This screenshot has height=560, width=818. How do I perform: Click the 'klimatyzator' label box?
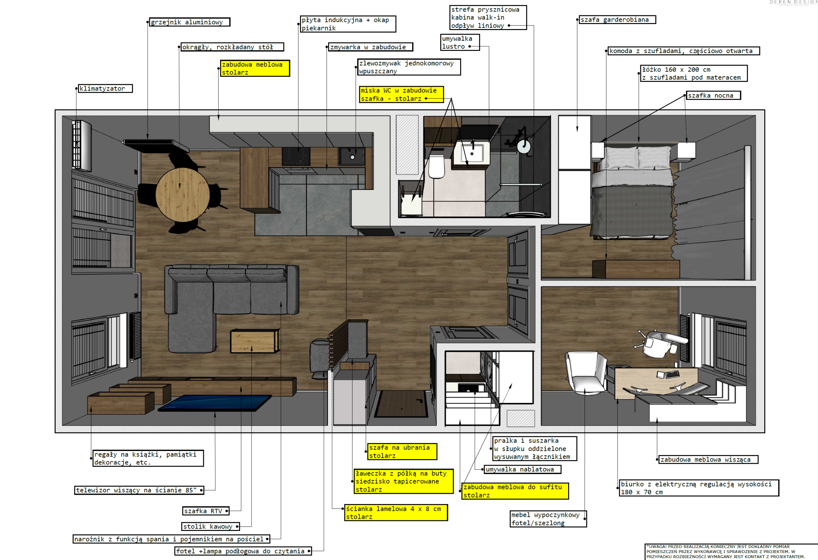pyautogui.click(x=105, y=88)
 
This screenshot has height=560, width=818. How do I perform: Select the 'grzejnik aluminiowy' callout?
pyautogui.click(x=190, y=22)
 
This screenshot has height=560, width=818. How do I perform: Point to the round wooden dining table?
pyautogui.click(x=182, y=194)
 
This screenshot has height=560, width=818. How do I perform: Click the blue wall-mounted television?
pyautogui.click(x=215, y=403)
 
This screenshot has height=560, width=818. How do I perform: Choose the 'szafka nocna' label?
pyautogui.click(x=714, y=95)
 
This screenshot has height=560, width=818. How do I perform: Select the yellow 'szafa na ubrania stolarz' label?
pyautogui.click(x=402, y=452)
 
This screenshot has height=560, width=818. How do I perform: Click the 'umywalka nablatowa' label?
pyautogui.click(x=523, y=469)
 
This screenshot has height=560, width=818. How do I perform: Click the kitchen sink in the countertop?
pyautogui.click(x=351, y=156)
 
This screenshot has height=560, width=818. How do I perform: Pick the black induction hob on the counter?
pyautogui.click(x=296, y=156)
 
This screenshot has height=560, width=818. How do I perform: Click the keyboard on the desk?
pyautogui.click(x=673, y=374)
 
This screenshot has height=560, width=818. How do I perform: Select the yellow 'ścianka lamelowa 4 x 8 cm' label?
pyautogui.click(x=396, y=512)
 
